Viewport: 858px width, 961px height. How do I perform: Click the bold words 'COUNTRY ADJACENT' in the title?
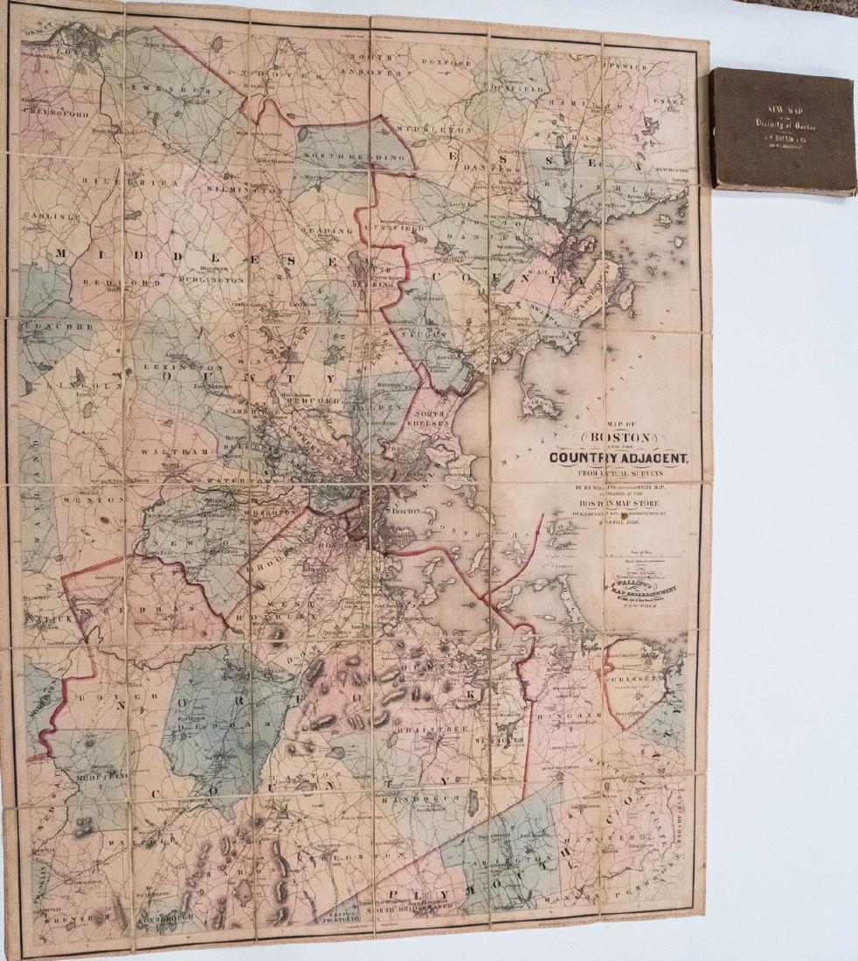[x=619, y=456]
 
